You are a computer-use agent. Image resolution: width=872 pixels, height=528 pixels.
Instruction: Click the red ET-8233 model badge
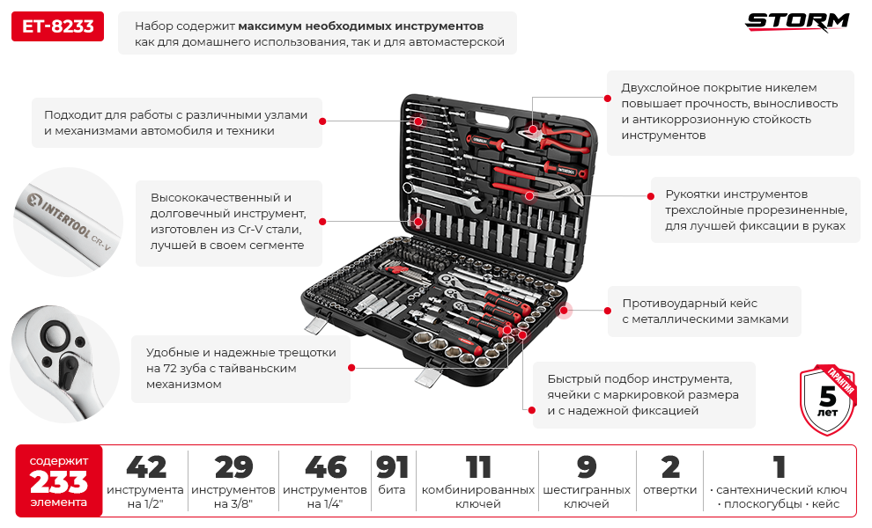pos(57,27)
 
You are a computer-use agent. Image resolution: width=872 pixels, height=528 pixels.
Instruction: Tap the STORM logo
pos(798,22)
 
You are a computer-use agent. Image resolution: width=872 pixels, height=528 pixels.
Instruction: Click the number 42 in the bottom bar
pos(145,466)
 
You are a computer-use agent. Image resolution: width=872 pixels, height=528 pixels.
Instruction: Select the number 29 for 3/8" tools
pos(233,466)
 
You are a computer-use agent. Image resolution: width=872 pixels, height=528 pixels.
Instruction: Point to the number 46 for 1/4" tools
pos(325,466)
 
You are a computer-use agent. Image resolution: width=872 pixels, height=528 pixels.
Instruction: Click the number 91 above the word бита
pos(392,466)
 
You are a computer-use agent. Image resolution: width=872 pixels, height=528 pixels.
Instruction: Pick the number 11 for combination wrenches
pos(477,466)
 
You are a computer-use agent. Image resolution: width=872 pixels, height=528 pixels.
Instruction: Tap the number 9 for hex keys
pos(587,466)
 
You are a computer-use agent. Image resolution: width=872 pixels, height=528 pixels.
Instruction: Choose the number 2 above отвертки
pos(670,466)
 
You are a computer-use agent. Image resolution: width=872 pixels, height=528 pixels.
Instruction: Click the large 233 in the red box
pos(59,482)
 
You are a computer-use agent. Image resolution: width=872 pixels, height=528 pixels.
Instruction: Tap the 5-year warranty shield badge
pos(827,400)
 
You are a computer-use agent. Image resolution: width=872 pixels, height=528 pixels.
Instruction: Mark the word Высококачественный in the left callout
pos(220,197)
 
